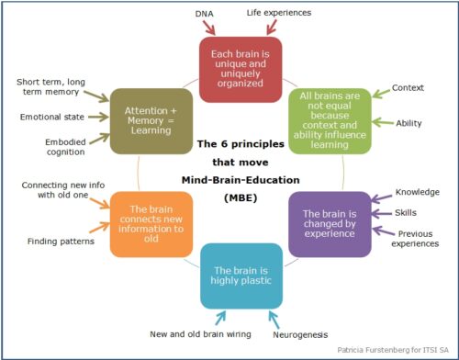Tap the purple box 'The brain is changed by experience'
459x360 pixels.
click(x=328, y=222)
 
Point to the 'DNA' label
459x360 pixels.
click(x=206, y=14)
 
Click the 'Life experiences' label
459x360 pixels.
click(x=280, y=13)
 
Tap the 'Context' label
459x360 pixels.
click(x=409, y=87)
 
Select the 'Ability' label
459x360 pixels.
click(x=409, y=123)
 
